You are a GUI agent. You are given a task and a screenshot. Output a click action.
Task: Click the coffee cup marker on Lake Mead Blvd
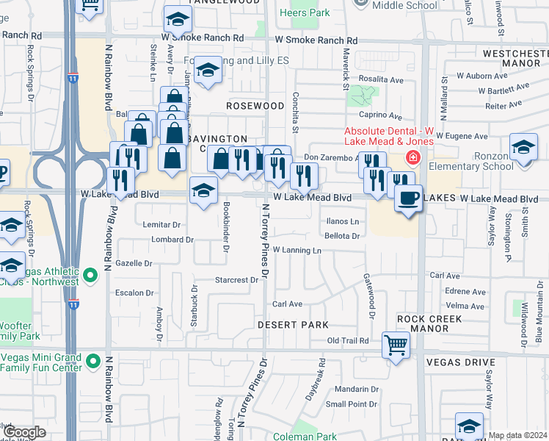coord(408,197)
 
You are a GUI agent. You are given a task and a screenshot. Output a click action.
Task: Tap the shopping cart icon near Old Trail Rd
coord(396,343)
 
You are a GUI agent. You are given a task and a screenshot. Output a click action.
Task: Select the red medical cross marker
coord(413,158)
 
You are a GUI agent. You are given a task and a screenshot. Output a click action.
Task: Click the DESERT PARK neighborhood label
coord(292,324)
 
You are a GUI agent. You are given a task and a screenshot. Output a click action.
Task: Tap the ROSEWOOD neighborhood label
coord(255,106)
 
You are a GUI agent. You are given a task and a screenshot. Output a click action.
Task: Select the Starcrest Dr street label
coord(237,279)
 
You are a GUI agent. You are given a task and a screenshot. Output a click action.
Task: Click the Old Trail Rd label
coord(347,340)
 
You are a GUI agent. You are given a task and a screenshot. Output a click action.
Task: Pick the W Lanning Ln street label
coord(297,251)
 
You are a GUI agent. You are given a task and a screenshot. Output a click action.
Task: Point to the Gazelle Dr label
coord(134,263)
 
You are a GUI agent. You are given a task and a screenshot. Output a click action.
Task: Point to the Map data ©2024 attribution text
coord(517,435)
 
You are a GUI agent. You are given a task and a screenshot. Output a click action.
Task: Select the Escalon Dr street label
coord(134,293)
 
